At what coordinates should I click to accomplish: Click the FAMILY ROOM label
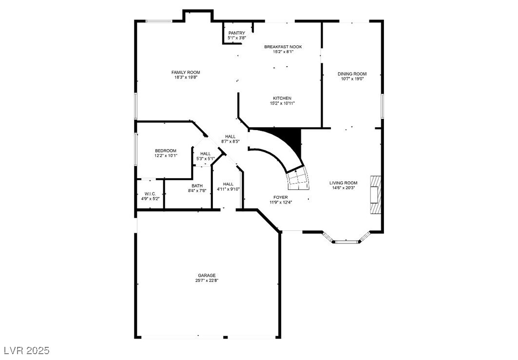(x=186, y=72)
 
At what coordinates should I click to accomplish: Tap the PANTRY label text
(x=237, y=33)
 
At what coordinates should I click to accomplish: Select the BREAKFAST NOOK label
(x=283, y=47)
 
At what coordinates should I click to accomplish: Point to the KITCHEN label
(x=282, y=98)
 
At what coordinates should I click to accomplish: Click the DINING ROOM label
(x=352, y=74)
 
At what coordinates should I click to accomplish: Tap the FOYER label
(x=280, y=197)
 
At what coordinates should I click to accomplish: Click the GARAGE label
(x=207, y=275)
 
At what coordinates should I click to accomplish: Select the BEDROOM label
(x=166, y=151)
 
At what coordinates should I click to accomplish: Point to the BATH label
(x=197, y=186)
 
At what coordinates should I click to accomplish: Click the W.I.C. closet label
(x=150, y=194)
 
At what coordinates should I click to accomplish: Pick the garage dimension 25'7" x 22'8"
(x=207, y=281)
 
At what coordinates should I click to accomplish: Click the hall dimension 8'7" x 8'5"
(x=230, y=141)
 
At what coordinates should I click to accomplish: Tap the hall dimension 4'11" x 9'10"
(x=228, y=189)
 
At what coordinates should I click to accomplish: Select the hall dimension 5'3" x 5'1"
(x=205, y=158)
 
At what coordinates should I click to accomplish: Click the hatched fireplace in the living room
(x=375, y=194)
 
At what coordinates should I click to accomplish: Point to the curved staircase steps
(x=297, y=180)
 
